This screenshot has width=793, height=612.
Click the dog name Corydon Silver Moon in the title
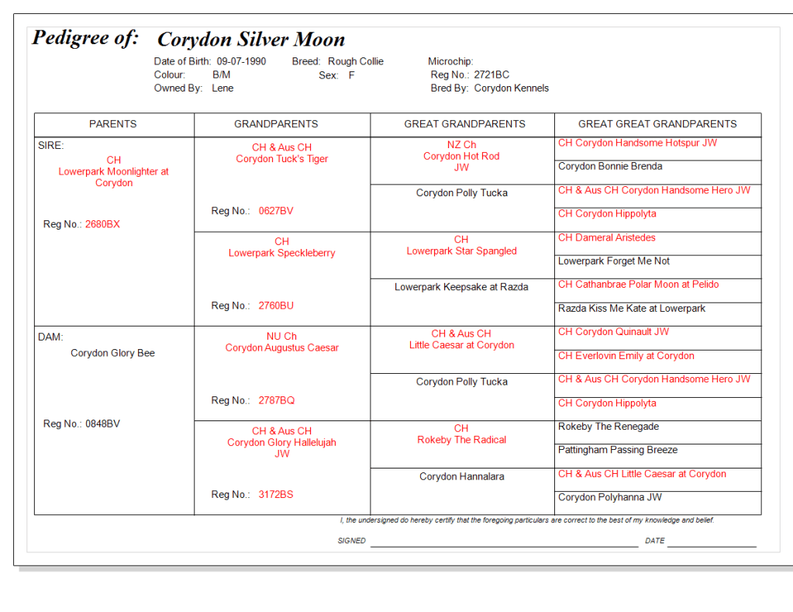pos(251,40)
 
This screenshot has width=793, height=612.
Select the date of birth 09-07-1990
pos(241,61)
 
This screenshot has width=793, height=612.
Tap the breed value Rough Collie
pos(355,61)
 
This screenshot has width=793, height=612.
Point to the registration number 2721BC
pos(491,75)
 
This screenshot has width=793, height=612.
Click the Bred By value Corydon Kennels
pos(511,88)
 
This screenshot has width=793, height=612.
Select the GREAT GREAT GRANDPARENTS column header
pos(657,124)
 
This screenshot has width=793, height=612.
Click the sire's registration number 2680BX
pos(102,224)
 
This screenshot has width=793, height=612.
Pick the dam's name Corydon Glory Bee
pos(112,353)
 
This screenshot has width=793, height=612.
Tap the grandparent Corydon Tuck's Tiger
pos(282,159)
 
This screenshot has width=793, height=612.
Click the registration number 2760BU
pos(276,306)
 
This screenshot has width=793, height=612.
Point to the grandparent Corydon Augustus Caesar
pos(282,347)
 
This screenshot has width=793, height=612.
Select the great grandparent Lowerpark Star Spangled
pos(461,251)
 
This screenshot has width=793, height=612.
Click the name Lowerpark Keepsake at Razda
pos(461,287)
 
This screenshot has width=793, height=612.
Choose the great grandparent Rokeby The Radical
pos(461,440)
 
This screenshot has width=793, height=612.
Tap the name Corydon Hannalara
pos(461,476)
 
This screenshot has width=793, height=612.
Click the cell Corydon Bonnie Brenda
pos(610,166)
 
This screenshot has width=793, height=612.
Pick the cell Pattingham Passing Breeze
pos(618,450)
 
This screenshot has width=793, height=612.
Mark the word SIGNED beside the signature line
pos(351,541)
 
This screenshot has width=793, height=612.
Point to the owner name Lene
pos(222,88)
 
